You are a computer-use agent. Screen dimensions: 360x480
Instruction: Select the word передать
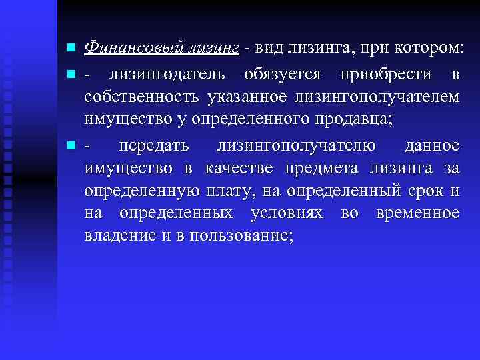pos(153,145)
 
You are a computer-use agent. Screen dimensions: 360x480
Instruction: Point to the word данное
pos(432,145)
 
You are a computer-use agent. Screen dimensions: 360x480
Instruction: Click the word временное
pos(418,213)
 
